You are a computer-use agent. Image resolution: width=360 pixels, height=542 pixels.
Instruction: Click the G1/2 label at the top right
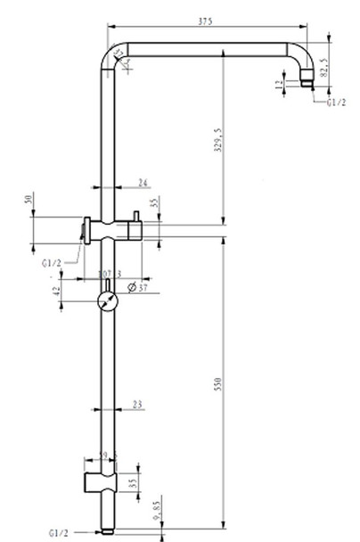click(336, 103)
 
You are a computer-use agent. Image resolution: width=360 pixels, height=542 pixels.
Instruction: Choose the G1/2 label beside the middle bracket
click(52, 263)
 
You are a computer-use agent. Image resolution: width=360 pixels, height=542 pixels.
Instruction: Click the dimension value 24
click(143, 183)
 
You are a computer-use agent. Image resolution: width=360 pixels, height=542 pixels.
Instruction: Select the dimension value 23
click(136, 405)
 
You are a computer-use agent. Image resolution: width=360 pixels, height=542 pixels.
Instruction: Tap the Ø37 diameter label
click(138, 287)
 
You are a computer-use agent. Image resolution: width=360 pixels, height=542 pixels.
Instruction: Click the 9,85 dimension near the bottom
click(157, 509)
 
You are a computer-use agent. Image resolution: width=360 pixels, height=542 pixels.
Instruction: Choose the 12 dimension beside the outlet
click(280, 84)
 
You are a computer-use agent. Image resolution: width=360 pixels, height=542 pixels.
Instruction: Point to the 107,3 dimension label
click(110, 274)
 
